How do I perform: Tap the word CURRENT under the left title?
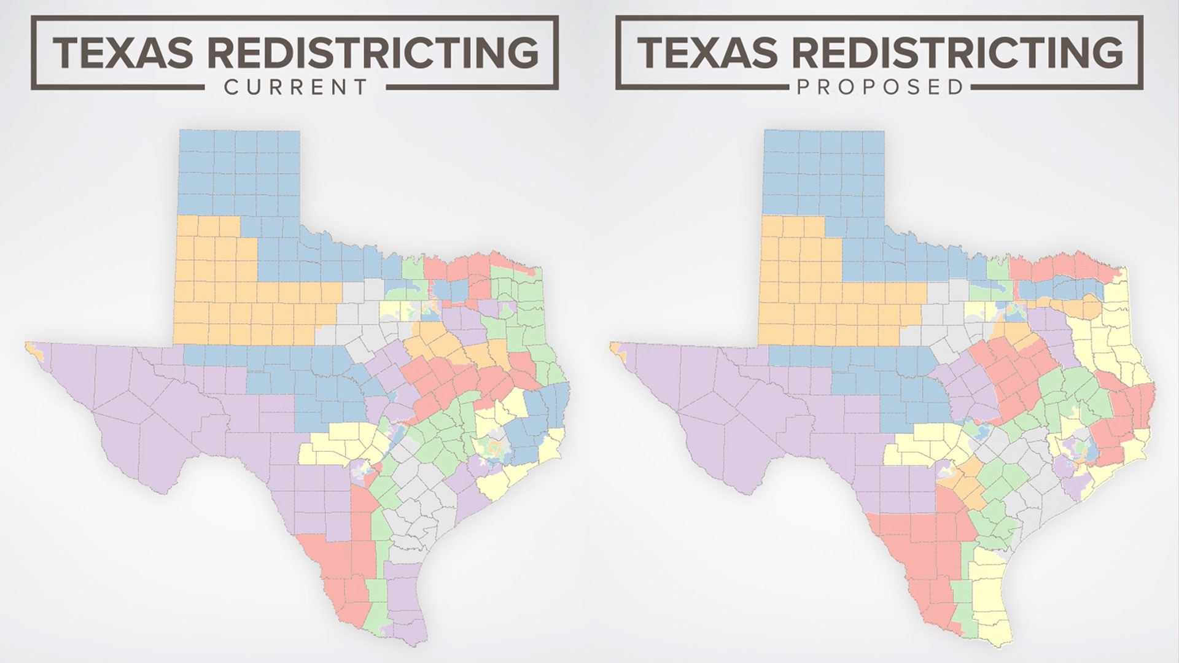[x=295, y=87]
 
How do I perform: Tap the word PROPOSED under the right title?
[x=879, y=87]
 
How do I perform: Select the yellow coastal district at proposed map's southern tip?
[x=989, y=589]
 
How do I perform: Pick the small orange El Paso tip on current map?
[x=33, y=351]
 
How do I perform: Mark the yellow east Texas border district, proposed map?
[x=1118, y=331]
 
